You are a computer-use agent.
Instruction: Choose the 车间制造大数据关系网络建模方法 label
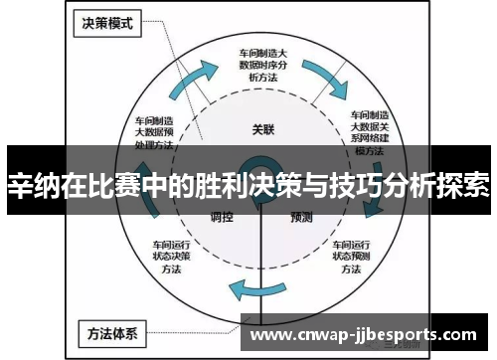tap(369, 135)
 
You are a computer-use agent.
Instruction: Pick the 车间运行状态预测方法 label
tap(351, 255)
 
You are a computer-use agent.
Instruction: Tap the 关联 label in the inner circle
tap(261, 128)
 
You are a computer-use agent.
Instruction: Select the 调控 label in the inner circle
tap(222, 217)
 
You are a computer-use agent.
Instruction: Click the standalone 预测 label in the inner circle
tap(302, 217)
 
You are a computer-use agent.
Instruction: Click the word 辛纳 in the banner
tap(31, 185)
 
